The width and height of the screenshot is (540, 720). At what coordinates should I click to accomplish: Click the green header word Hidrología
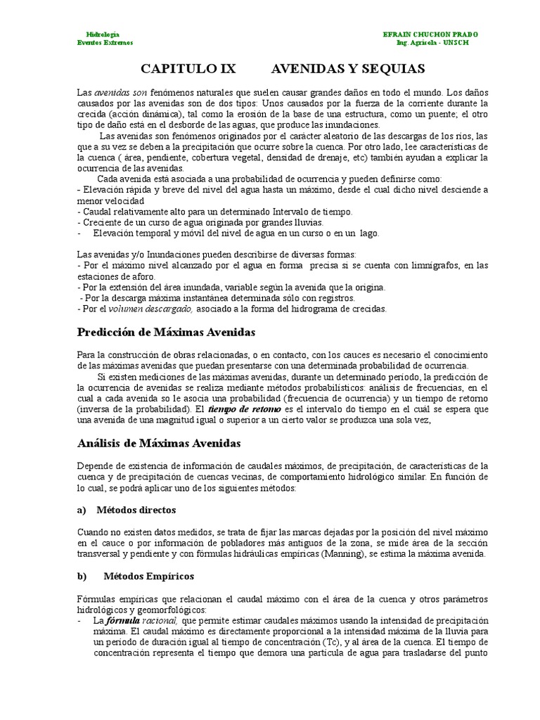tap(102, 34)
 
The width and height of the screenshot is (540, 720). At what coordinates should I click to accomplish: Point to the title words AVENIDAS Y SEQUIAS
tap(348, 68)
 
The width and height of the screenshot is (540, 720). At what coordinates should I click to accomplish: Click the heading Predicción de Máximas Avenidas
tap(166, 331)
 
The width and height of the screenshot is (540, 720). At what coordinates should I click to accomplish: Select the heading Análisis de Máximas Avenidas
tap(159, 443)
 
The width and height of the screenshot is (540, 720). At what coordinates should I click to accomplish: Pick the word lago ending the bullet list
tap(368, 233)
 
